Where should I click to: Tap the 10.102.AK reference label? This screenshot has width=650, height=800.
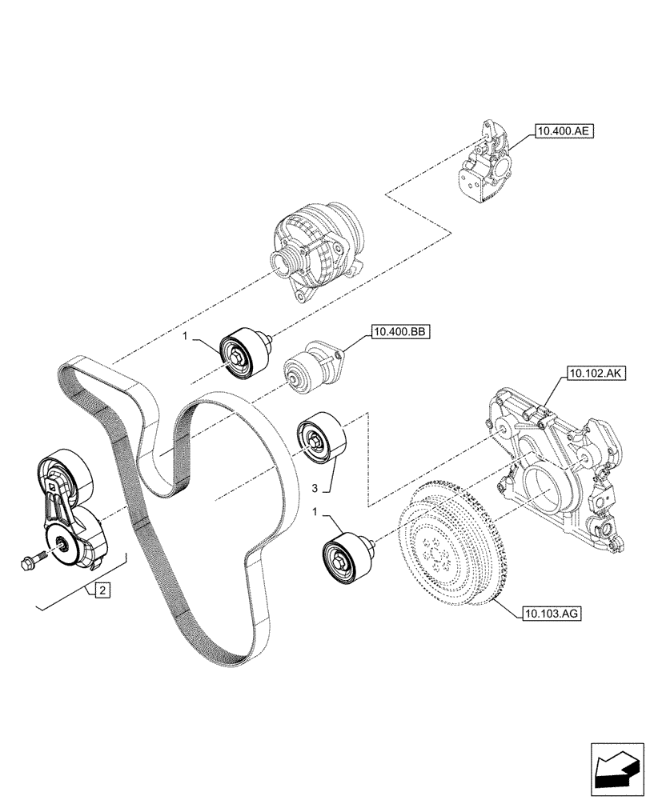pyautogui.click(x=595, y=372)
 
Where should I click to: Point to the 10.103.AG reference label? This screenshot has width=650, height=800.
pyautogui.click(x=550, y=614)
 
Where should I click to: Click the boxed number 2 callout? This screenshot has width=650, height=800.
pyautogui.click(x=102, y=591)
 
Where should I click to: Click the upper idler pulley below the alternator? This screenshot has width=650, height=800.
pyautogui.click(x=243, y=352)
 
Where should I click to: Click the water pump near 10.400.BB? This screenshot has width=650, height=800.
pyautogui.click(x=312, y=366)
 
